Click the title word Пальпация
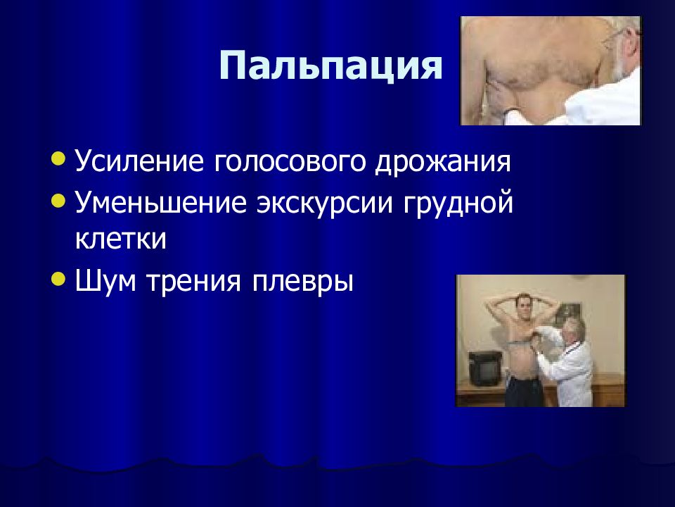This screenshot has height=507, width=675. coord(330,66)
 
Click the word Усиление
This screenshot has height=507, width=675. coord(139,161)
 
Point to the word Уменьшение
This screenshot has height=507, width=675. coord(161,202)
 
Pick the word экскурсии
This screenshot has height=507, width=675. coord(325,202)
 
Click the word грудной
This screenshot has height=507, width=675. coord(458,204)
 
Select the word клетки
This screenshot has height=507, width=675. coord(120,239)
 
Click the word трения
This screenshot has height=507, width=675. coord(193,282)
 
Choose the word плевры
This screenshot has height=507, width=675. coord(302,283)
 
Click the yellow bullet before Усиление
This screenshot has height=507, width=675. coord(58,158)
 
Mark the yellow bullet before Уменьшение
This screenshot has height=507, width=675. coord(58,200)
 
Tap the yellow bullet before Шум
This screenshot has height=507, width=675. coord(58,279)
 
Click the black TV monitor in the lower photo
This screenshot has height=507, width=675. coord(484,368)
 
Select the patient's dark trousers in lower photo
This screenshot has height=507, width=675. coord(524,392)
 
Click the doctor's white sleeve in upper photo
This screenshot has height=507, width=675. coord(603,101)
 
